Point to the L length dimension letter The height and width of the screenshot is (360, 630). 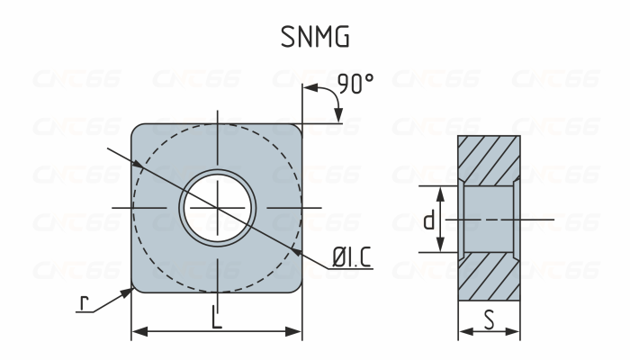[216, 316]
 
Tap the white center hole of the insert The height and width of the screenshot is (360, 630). [216, 208]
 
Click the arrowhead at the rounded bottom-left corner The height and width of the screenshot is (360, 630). [130, 289]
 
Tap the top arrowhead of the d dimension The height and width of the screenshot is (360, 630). [440, 192]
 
